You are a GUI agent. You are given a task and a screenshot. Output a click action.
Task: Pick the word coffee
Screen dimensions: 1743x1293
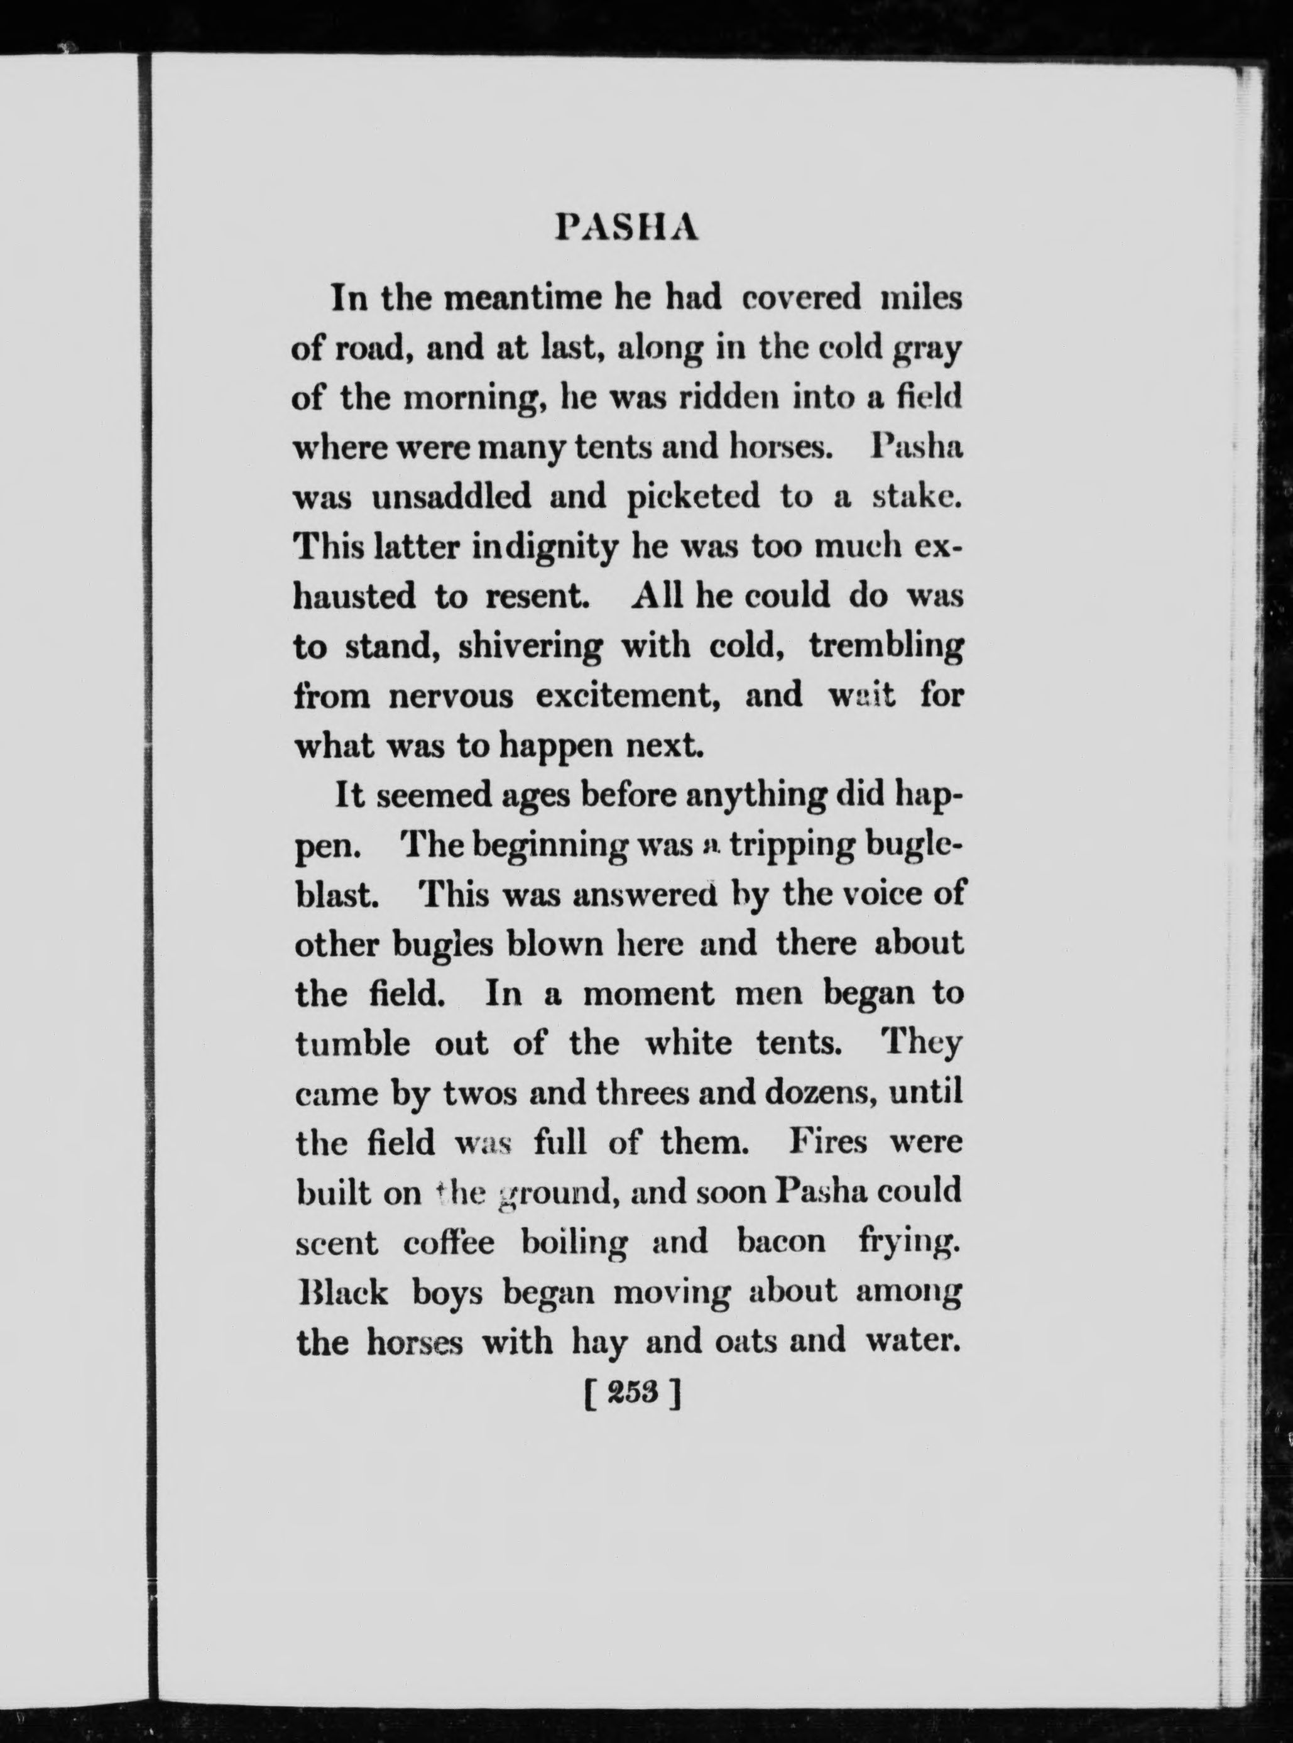pyautogui.click(x=449, y=1243)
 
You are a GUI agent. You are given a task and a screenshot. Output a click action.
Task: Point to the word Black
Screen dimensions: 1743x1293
pyautogui.click(x=344, y=1293)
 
